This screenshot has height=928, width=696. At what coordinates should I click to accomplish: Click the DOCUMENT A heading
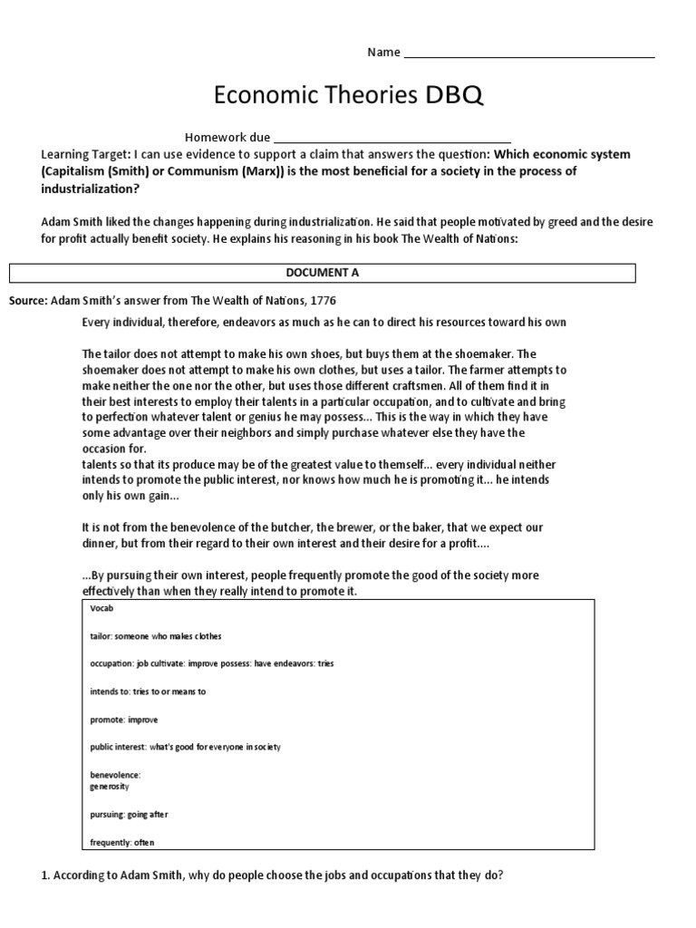tap(323, 273)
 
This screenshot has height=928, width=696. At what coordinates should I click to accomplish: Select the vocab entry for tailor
tap(156, 636)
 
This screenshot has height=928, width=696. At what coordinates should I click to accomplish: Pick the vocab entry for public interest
tap(185, 747)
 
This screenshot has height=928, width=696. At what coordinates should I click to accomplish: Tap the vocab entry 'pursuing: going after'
tap(129, 815)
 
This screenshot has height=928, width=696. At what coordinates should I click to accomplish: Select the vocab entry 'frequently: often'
tap(122, 843)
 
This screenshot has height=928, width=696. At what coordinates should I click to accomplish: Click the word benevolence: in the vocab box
tap(116, 775)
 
